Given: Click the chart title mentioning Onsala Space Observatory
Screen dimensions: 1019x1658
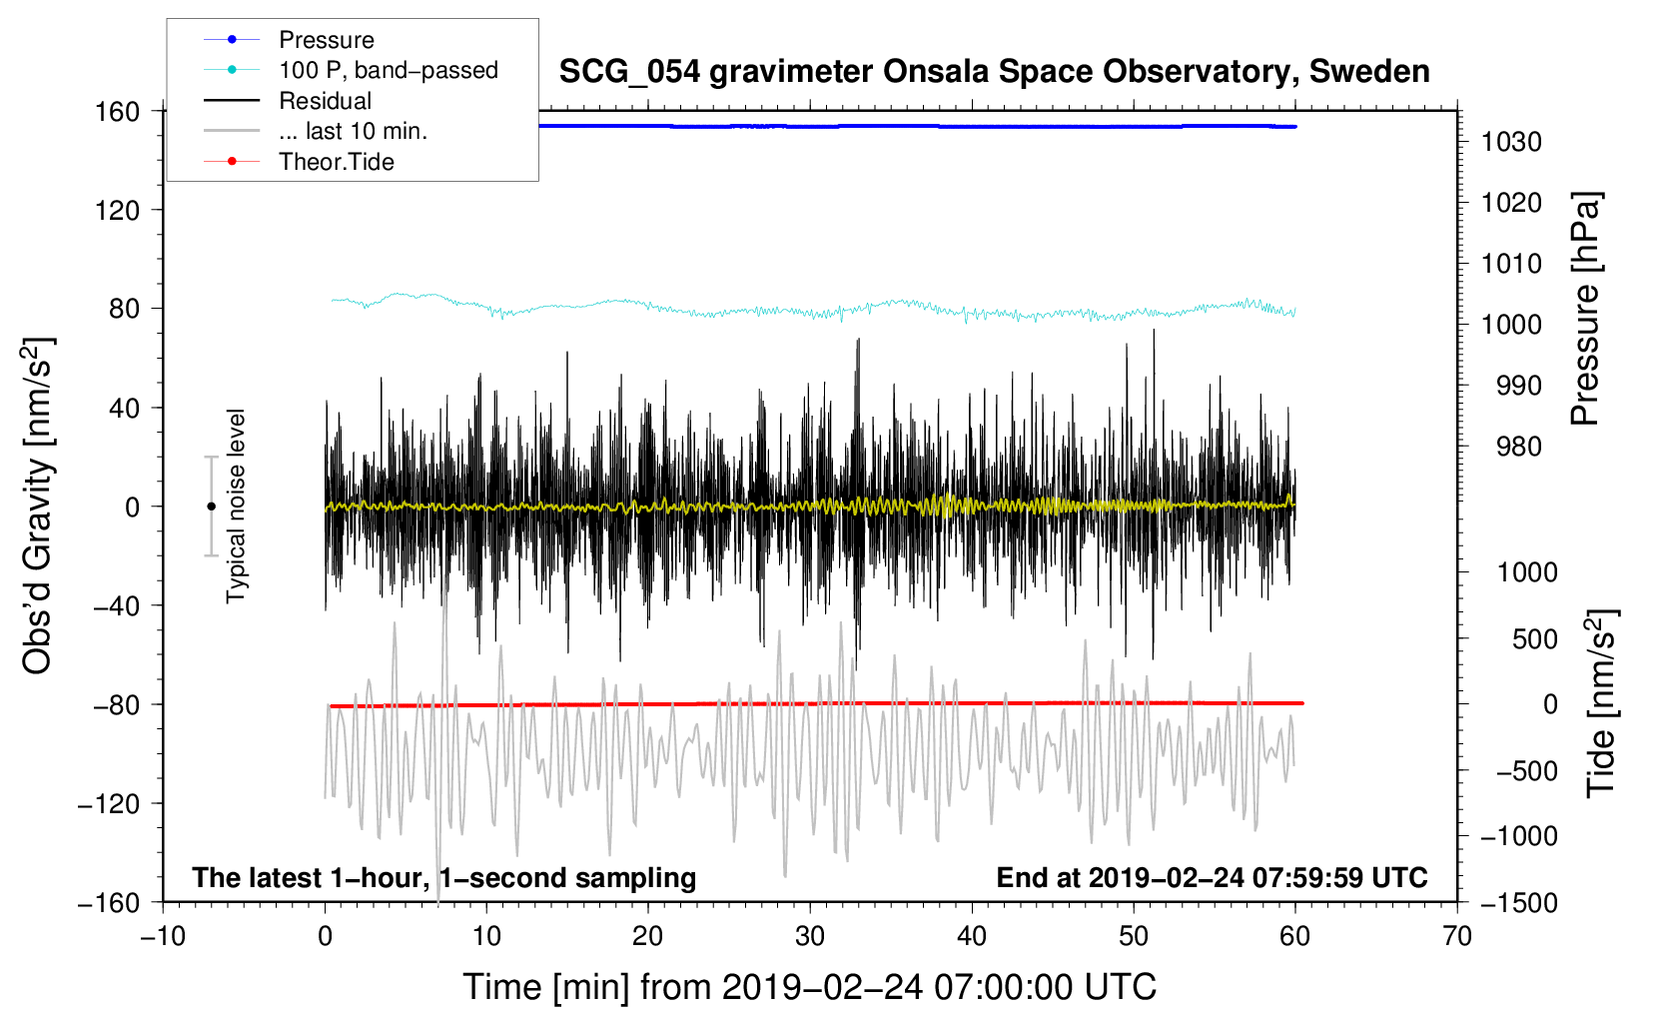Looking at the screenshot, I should point(994,72).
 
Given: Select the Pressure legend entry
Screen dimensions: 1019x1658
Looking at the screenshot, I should point(326,40).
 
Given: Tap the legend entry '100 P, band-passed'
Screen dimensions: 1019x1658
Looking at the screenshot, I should point(388,70).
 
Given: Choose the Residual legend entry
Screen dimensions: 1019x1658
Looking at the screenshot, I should point(325,101).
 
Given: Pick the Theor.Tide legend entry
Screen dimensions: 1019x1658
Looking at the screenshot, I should point(336,162).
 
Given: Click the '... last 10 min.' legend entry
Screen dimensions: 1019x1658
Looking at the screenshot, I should point(353,131).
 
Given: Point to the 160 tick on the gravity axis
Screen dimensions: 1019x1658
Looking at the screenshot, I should point(118,111).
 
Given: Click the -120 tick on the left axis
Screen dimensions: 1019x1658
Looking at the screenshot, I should point(109,803).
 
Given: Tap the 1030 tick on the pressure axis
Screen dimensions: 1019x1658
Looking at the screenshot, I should point(1511,142).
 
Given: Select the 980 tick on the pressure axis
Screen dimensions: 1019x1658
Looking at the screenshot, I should point(1518,447).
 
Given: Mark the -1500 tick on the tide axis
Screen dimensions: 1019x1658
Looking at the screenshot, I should point(1518,902).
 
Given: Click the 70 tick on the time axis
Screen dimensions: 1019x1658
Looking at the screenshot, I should point(1457,936).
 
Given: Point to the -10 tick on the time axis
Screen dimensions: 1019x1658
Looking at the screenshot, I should point(163,936).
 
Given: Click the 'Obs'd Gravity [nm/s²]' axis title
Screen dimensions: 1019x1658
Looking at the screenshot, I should point(38,506).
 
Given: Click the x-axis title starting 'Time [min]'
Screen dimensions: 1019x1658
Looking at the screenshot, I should point(809,987).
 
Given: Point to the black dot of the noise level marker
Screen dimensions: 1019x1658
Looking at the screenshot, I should point(211,507).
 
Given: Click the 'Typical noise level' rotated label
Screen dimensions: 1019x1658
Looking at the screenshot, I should point(236,506).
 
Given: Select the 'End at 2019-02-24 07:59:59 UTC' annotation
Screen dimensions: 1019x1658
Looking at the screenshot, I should point(1212,877).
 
